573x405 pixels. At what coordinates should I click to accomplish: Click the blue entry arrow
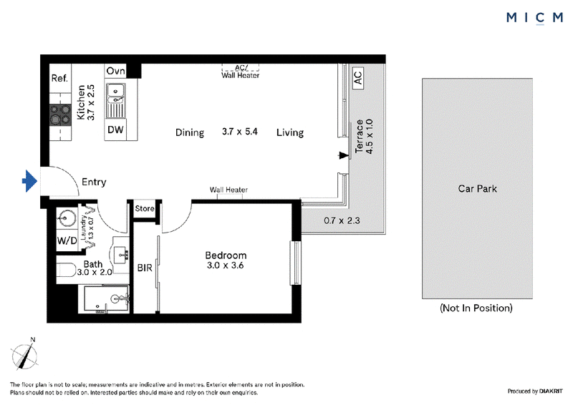(x=30, y=181)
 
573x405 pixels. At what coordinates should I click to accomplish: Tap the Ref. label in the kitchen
(x=59, y=78)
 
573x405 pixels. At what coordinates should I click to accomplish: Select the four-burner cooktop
(x=60, y=114)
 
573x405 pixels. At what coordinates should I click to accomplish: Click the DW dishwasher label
(x=115, y=130)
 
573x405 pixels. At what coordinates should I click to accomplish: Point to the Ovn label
(x=115, y=71)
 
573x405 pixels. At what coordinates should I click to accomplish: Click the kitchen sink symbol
(x=115, y=100)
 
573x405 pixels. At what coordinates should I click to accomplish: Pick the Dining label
(x=190, y=132)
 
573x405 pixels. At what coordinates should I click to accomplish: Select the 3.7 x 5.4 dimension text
(x=240, y=132)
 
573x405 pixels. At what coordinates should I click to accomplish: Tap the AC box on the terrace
(x=357, y=78)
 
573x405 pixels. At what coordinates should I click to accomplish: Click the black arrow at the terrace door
(x=344, y=155)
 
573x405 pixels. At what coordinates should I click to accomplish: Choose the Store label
(x=145, y=208)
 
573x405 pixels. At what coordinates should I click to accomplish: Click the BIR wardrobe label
(x=145, y=268)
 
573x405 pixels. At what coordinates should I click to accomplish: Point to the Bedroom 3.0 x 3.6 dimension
(x=226, y=265)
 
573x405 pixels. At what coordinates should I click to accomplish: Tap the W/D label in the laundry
(x=67, y=240)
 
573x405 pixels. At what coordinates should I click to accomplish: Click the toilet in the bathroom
(x=66, y=270)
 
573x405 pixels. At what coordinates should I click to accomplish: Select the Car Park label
(x=477, y=189)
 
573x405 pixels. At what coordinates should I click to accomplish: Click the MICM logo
(x=534, y=18)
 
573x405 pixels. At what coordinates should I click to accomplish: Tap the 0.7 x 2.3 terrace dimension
(x=342, y=220)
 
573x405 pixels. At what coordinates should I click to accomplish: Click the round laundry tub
(x=67, y=218)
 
